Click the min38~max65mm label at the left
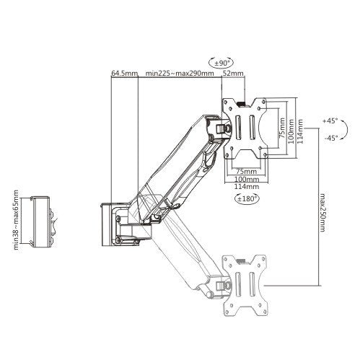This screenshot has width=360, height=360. pos(15,219)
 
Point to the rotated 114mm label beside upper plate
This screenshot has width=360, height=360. pos(300,127)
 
